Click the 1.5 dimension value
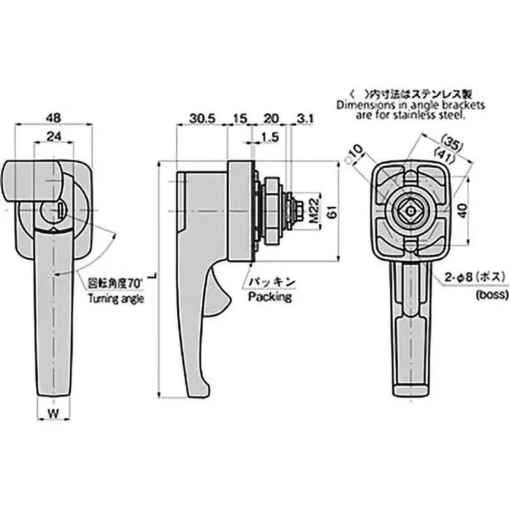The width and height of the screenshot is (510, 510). [x=270, y=136]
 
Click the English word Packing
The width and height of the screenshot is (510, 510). [x=270, y=297]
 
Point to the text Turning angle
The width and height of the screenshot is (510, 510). [x=117, y=298]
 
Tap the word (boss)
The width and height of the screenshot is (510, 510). [x=491, y=295]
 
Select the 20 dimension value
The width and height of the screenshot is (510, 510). [x=270, y=119]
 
